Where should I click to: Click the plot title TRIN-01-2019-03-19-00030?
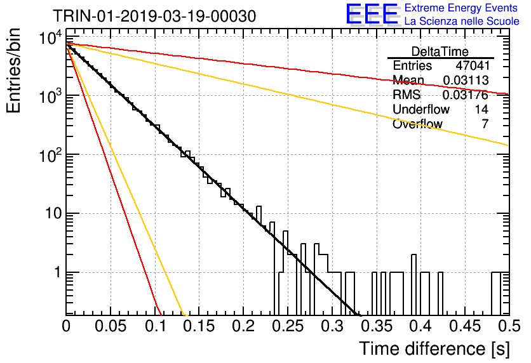coord(154,16)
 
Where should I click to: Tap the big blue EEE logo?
coord(372,14)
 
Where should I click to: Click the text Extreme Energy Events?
coord(461,8)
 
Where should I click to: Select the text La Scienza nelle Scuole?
coord(462,21)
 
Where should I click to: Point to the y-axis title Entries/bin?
coord(13,70)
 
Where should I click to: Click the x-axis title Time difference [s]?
coord(434,348)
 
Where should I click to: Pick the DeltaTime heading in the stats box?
coord(440,51)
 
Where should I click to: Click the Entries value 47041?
coord(472,65)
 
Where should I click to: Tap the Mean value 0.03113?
coord(466,80)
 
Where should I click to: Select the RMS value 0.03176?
coord(466,95)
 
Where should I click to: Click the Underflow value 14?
coord(481,109)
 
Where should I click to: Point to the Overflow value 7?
coord(485,124)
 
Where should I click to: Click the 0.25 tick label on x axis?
coord(288,326)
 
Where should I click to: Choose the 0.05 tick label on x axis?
coord(111,326)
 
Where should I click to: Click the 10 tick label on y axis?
coord(54,213)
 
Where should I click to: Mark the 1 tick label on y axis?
coord(58,272)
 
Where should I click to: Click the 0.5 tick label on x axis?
coord(509,326)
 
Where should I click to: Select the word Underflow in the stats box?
coord(421,109)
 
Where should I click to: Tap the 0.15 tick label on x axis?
coord(199,326)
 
